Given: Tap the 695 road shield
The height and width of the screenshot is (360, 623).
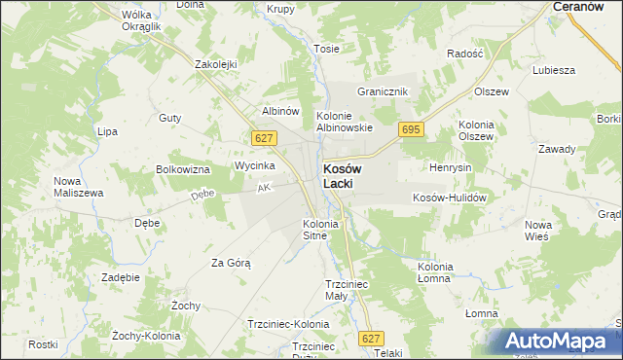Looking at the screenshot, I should [x=410, y=129].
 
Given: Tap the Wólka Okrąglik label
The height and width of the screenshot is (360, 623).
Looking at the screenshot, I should [x=141, y=21].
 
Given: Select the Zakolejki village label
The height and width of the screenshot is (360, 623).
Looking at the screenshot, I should [x=216, y=64].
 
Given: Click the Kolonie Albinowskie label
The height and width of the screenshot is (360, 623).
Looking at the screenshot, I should [x=345, y=122].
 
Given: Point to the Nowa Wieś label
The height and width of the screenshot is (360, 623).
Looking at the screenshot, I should [x=537, y=231].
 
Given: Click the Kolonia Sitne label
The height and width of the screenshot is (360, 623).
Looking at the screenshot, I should [x=320, y=230].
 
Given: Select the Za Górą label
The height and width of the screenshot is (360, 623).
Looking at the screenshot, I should [x=231, y=263].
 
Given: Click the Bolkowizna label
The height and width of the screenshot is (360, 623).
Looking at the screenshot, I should [x=183, y=169].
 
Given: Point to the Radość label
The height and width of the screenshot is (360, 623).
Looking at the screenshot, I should [x=465, y=54].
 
